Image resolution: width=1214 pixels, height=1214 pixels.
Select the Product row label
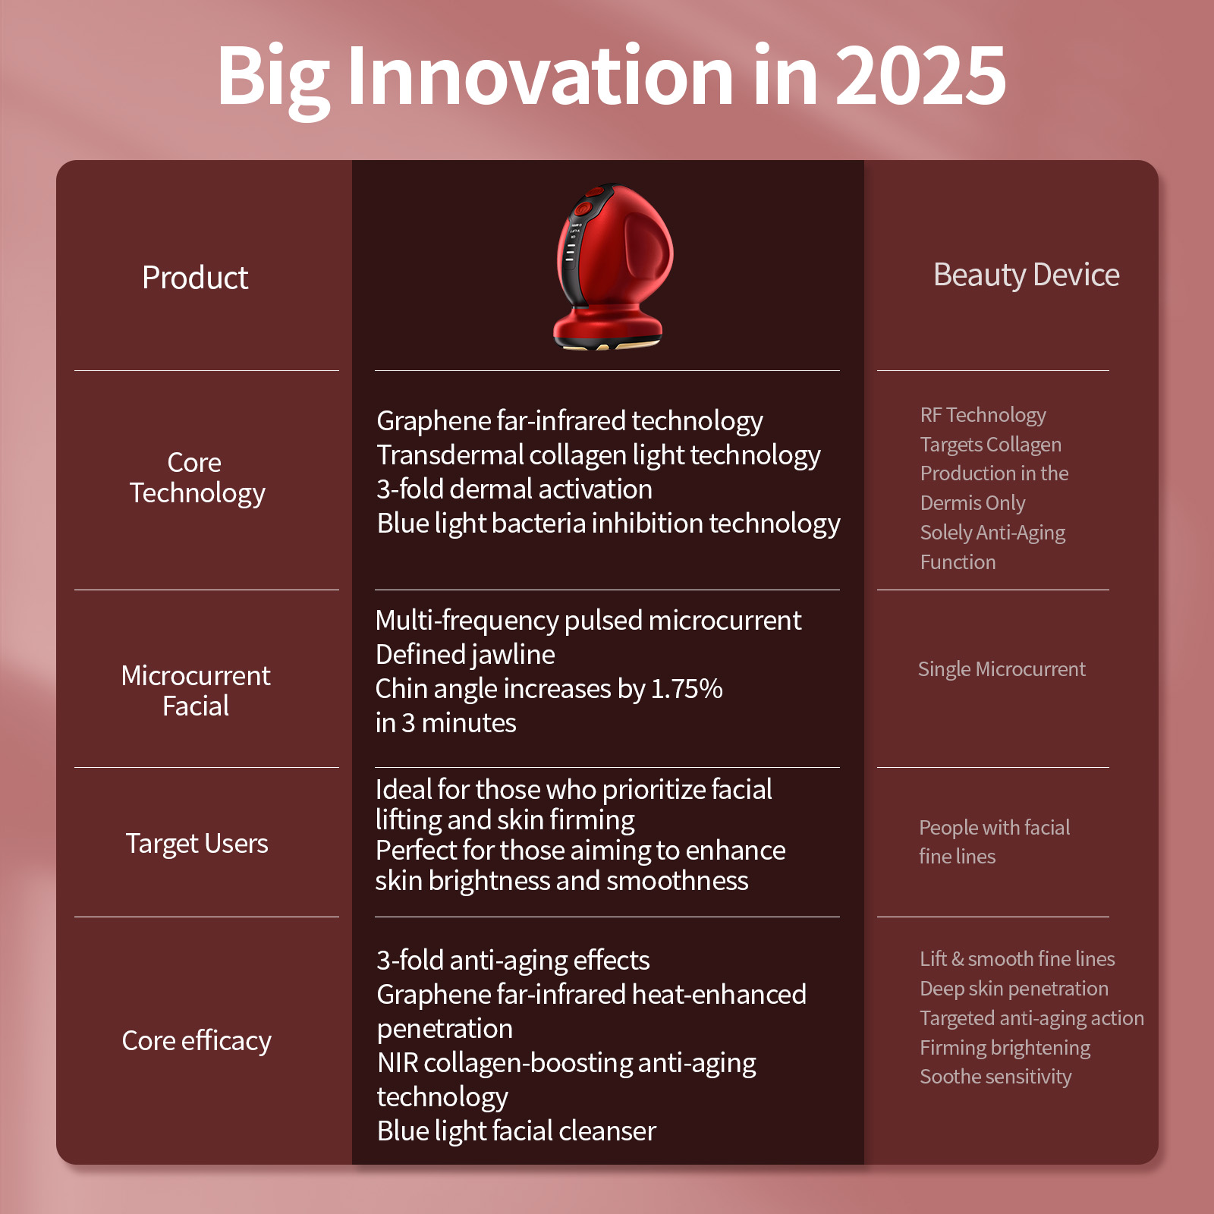195,278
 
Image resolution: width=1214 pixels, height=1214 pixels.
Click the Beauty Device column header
1026,275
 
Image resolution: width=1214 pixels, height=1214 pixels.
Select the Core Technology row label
197,478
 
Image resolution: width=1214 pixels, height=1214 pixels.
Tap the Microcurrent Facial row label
196,690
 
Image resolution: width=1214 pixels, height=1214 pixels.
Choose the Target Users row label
197,844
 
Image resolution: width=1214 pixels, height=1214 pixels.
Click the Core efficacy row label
197,1041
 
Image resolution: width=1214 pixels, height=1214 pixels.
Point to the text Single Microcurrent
1002,669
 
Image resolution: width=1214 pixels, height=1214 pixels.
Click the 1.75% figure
687,689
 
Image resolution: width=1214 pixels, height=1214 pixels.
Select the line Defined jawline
465,655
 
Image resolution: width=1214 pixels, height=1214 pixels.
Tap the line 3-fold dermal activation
514,489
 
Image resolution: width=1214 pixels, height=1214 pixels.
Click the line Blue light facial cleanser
517,1131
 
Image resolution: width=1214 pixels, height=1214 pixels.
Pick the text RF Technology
983,415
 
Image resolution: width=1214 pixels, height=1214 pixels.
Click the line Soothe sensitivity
995,1077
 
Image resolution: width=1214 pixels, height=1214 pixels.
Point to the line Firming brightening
1005,1048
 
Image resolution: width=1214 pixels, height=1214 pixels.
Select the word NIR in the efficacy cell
398,1063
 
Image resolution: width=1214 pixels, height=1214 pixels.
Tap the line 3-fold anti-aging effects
513,961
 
